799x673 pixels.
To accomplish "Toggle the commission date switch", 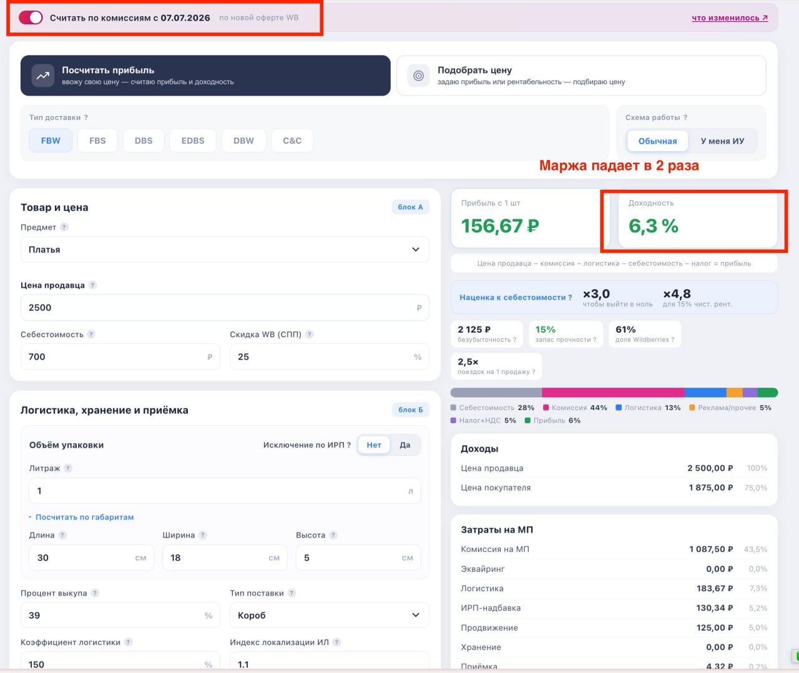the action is [31, 17].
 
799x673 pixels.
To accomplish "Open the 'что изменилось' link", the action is [729, 17].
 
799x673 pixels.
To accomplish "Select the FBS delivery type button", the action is [97, 140].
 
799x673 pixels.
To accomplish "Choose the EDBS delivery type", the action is [192, 140].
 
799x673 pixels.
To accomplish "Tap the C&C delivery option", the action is [292, 140].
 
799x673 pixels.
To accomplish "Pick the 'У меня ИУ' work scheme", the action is [722, 141].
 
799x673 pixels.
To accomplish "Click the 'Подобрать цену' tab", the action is [581, 76].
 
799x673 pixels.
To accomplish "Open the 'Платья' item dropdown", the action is [225, 250].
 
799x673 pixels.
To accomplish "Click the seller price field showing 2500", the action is [225, 307].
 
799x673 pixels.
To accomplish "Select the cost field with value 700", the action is [120, 356].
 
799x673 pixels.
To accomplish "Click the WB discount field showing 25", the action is [329, 356].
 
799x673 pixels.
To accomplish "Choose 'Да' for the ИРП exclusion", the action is [405, 445].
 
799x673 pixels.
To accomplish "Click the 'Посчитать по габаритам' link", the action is [84, 517].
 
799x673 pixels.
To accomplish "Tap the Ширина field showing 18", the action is [225, 558].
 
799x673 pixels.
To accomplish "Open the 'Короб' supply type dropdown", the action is [329, 615].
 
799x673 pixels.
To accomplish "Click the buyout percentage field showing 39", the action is [120, 615].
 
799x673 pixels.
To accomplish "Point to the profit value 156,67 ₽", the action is [500, 226].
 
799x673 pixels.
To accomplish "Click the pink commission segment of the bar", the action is [613, 393].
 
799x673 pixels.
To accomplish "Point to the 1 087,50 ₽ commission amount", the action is [711, 549].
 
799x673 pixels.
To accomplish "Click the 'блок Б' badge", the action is [410, 410].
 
